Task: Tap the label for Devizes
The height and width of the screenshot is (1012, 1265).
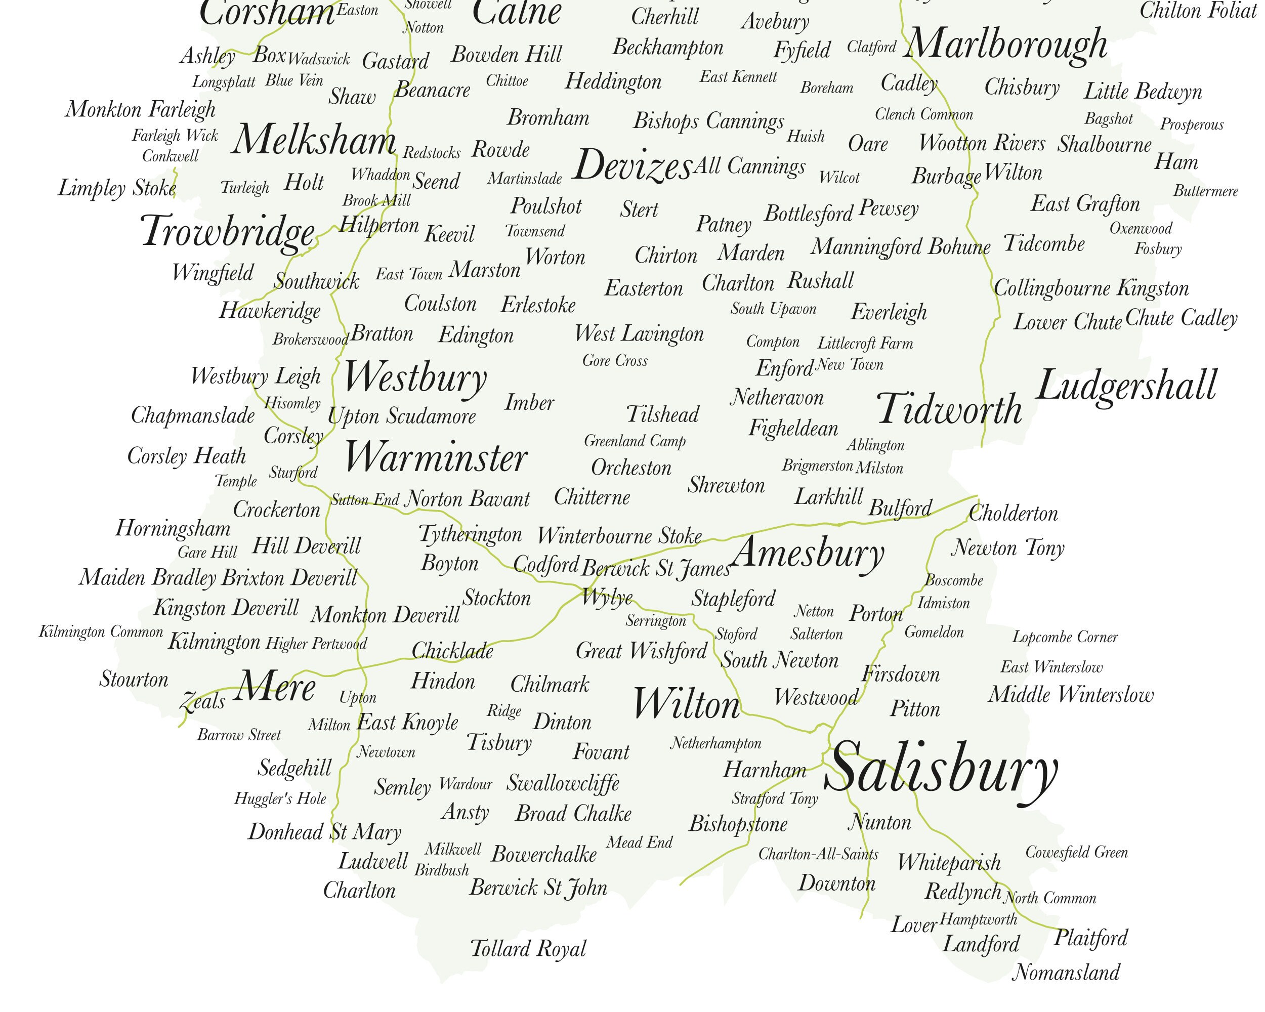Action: tap(632, 165)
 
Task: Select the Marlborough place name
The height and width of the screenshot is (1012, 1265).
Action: tap(1007, 44)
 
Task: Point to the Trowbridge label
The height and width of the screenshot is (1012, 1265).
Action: tap(228, 231)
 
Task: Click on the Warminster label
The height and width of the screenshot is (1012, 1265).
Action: tap(435, 457)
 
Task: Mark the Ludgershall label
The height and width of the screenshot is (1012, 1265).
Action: tap(1126, 386)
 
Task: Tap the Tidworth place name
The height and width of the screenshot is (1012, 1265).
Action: tap(949, 409)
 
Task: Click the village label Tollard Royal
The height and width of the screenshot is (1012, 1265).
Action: tap(528, 949)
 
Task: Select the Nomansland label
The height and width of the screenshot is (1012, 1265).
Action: tap(1066, 973)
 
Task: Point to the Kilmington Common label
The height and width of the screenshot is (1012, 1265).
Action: tap(101, 632)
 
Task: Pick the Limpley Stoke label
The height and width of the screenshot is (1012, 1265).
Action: tap(117, 188)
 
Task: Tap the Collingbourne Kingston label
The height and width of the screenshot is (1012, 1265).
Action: tap(1091, 288)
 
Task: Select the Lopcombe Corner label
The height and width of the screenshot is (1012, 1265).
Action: tap(1065, 637)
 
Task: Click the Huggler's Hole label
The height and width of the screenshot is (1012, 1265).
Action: tap(280, 798)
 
